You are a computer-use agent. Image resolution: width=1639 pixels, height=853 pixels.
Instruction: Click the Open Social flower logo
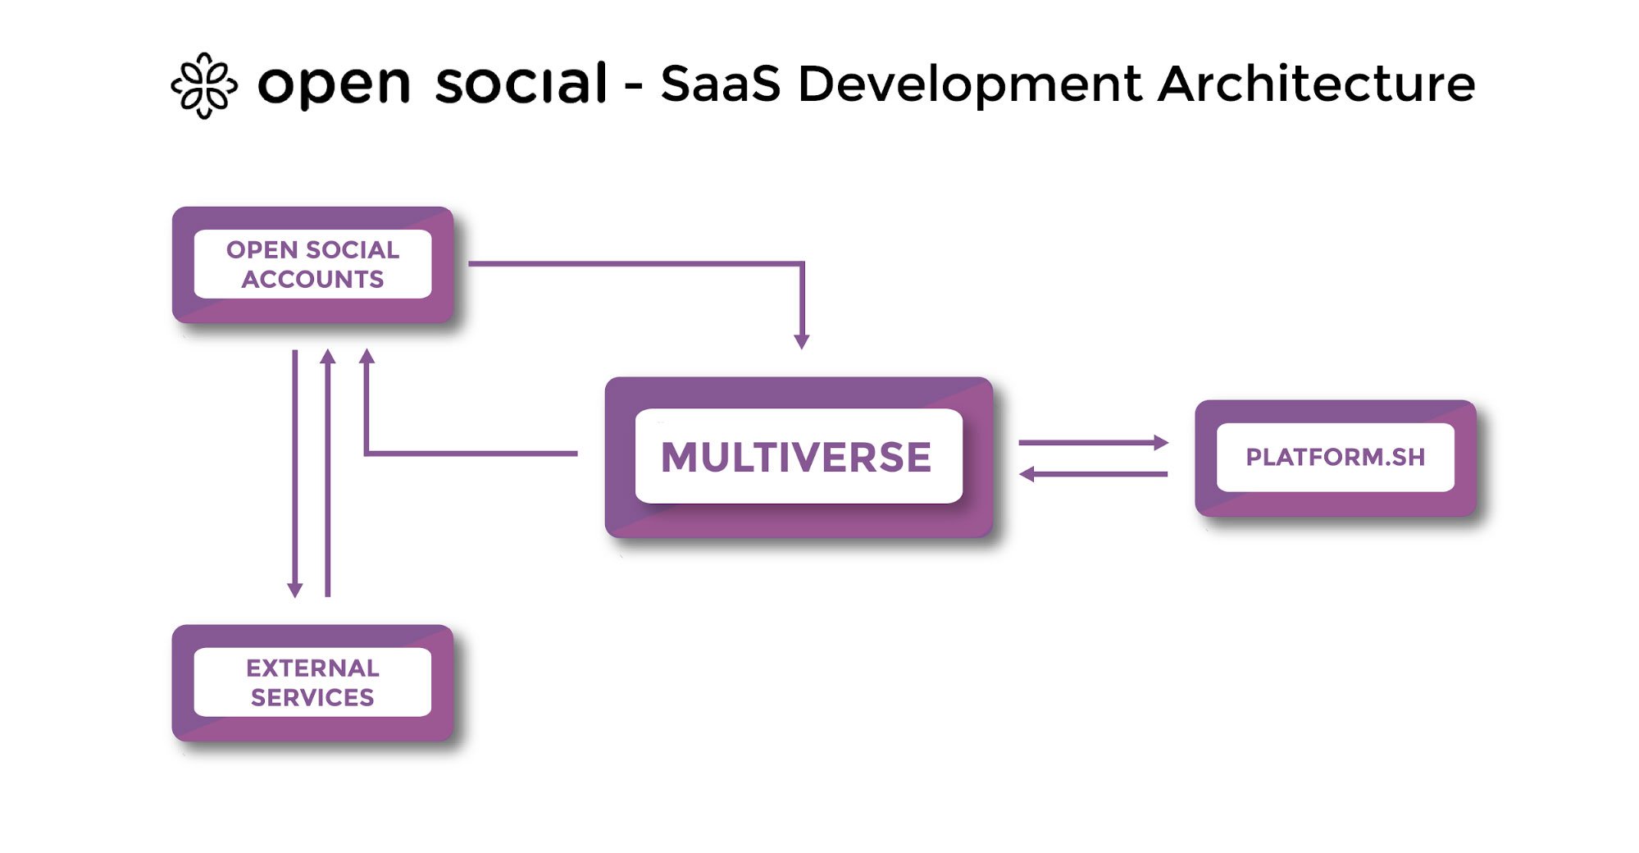(204, 85)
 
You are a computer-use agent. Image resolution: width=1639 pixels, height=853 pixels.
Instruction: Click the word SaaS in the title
(721, 84)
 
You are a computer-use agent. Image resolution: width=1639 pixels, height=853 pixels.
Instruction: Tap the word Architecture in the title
(1317, 84)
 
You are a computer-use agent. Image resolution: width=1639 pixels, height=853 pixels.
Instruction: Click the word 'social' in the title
(521, 83)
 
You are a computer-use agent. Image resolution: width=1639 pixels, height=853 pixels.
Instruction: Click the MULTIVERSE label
(796, 457)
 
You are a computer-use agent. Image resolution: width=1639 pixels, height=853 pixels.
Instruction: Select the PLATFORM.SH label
(1336, 457)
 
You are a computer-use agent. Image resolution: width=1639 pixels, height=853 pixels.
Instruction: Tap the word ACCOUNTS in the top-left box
(312, 280)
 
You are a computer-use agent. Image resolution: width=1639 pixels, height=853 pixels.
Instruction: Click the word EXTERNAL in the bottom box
(312, 668)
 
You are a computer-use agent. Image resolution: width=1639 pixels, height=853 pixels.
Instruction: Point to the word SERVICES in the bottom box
(312, 697)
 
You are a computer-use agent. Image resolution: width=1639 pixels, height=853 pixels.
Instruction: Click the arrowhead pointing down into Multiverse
(802, 342)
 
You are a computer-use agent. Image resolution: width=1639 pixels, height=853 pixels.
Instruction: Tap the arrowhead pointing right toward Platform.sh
(1161, 443)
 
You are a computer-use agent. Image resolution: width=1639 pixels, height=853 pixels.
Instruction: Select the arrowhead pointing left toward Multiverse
(1027, 473)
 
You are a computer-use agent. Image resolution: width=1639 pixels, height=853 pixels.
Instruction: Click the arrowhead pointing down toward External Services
(295, 591)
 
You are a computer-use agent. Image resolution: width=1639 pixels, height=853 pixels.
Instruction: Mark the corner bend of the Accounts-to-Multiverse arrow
(802, 263)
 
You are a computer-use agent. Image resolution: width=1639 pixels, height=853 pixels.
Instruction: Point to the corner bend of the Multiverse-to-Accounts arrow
(366, 453)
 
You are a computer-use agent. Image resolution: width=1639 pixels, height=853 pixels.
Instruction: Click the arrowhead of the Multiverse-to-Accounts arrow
(366, 356)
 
